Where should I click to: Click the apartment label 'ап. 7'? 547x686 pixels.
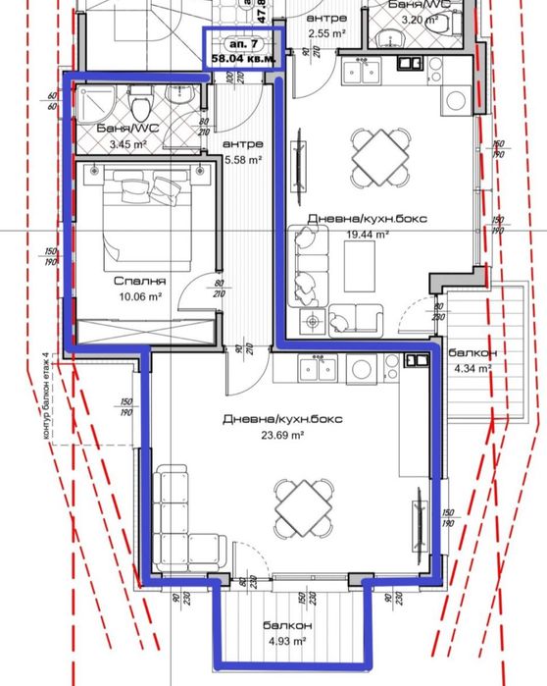[x=243, y=44]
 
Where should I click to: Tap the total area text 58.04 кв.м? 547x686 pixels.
[x=243, y=60]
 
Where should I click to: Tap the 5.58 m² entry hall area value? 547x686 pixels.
[x=243, y=160]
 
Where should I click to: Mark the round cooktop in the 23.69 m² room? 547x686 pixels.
[x=360, y=369]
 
